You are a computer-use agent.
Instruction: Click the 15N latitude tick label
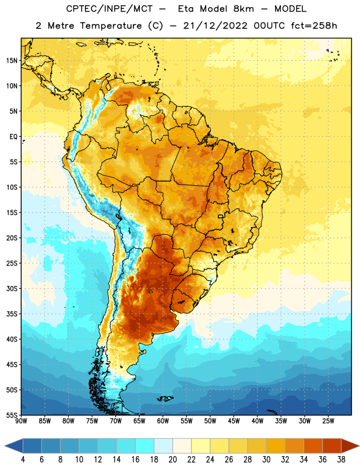tap(12, 61)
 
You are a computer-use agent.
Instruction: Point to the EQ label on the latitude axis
tap(13, 137)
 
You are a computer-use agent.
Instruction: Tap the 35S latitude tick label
tap(12, 314)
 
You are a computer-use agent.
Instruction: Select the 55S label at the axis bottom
tap(12, 415)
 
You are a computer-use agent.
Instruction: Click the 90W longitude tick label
tap(21, 421)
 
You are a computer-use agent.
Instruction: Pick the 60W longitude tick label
tap(163, 421)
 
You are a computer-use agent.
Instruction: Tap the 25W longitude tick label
tap(328, 421)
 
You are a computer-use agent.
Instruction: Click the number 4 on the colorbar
tap(23, 460)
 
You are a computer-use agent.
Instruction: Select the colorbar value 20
tap(172, 460)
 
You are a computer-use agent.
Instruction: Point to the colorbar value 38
tap(341, 460)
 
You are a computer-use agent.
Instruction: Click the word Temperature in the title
tap(111, 26)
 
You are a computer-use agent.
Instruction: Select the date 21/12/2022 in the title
tap(215, 26)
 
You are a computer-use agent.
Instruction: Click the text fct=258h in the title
tap(314, 26)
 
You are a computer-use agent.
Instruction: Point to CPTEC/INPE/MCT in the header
tap(109, 9)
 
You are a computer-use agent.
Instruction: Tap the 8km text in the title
tap(243, 9)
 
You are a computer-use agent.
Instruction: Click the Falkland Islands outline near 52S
tap(165, 398)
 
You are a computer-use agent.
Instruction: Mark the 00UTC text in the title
tap(269, 26)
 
